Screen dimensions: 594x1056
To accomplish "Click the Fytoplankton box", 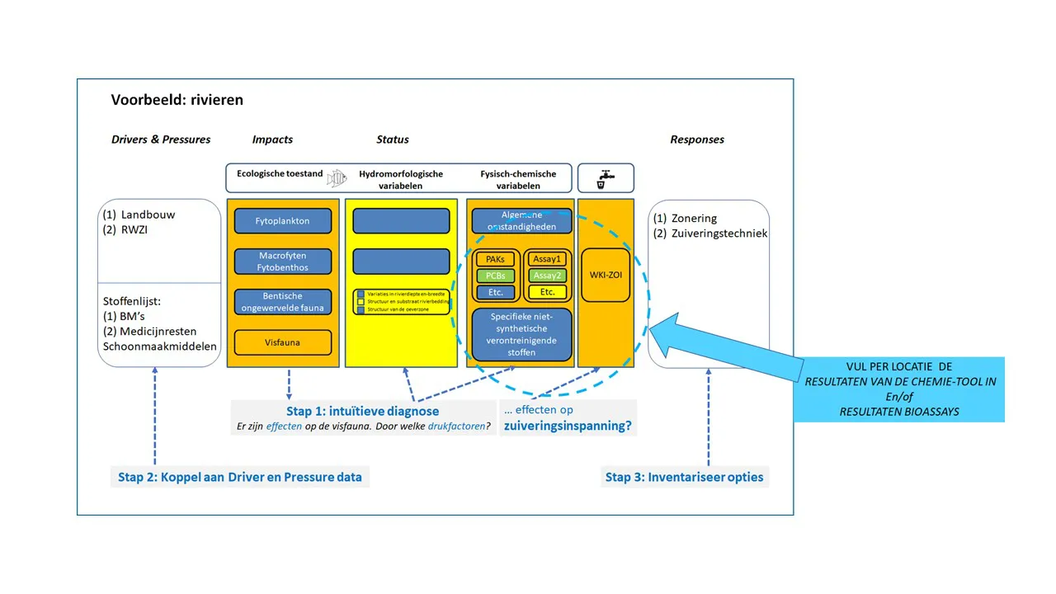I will pos(283,221).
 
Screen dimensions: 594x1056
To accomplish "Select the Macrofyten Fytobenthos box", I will pos(283,262).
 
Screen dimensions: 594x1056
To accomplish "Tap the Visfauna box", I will pos(283,342).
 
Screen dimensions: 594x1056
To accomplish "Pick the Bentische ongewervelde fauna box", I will pos(283,302).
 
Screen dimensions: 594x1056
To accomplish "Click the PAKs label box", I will pos(495,259).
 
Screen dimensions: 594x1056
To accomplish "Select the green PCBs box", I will pos(495,276).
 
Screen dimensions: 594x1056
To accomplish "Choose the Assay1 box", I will pos(546,259).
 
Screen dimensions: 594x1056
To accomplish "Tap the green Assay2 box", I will pos(546,276).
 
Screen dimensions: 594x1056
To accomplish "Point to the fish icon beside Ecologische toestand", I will pos(337,177).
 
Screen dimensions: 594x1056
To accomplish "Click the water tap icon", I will pos(606,178).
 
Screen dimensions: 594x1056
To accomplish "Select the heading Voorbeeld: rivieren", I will pos(177,100).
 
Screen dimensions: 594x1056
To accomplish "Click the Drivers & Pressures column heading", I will pos(161,139).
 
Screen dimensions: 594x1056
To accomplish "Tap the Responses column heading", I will pos(697,139).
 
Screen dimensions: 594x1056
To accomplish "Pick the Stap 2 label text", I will pos(239,477).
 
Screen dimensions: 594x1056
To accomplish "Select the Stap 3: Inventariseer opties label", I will pos(685,477).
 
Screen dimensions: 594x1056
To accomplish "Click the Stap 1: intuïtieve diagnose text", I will pos(362,411).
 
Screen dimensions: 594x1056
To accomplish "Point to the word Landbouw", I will pos(148,214).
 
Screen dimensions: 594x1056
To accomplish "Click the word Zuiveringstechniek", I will pos(719,233).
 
